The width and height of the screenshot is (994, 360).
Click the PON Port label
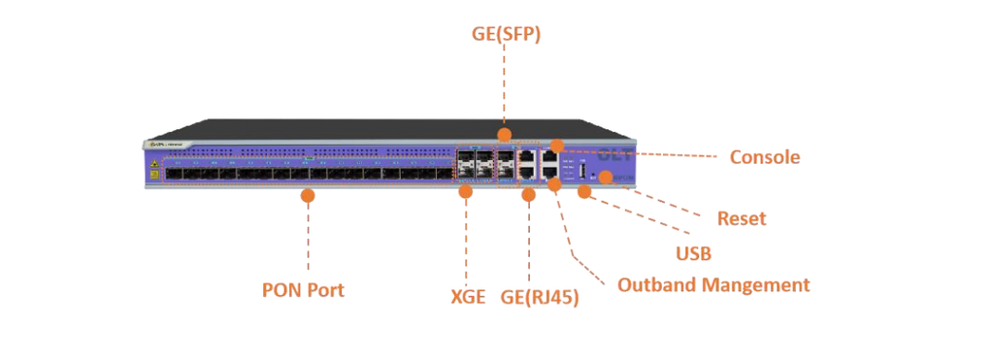[x=303, y=289]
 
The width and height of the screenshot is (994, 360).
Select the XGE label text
[x=466, y=296]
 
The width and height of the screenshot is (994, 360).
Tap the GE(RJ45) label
[x=540, y=298]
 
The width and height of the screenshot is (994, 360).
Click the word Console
[x=765, y=157]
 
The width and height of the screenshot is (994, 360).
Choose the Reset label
[x=741, y=218]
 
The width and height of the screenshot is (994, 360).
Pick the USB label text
[x=693, y=254]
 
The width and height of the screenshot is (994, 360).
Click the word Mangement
[x=759, y=285]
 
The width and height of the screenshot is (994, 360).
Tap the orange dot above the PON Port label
[x=308, y=195]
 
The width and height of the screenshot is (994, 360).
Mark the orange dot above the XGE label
[x=465, y=192]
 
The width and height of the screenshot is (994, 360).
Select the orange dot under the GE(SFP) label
[x=504, y=133]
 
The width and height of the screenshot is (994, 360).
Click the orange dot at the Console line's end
[x=555, y=146]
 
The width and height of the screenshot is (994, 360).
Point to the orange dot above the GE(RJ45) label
[x=529, y=195]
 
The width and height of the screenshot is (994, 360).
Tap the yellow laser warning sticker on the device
[x=154, y=166]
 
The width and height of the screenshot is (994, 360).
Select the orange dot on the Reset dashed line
[x=606, y=177]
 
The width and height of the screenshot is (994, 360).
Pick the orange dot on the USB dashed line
[x=583, y=192]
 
